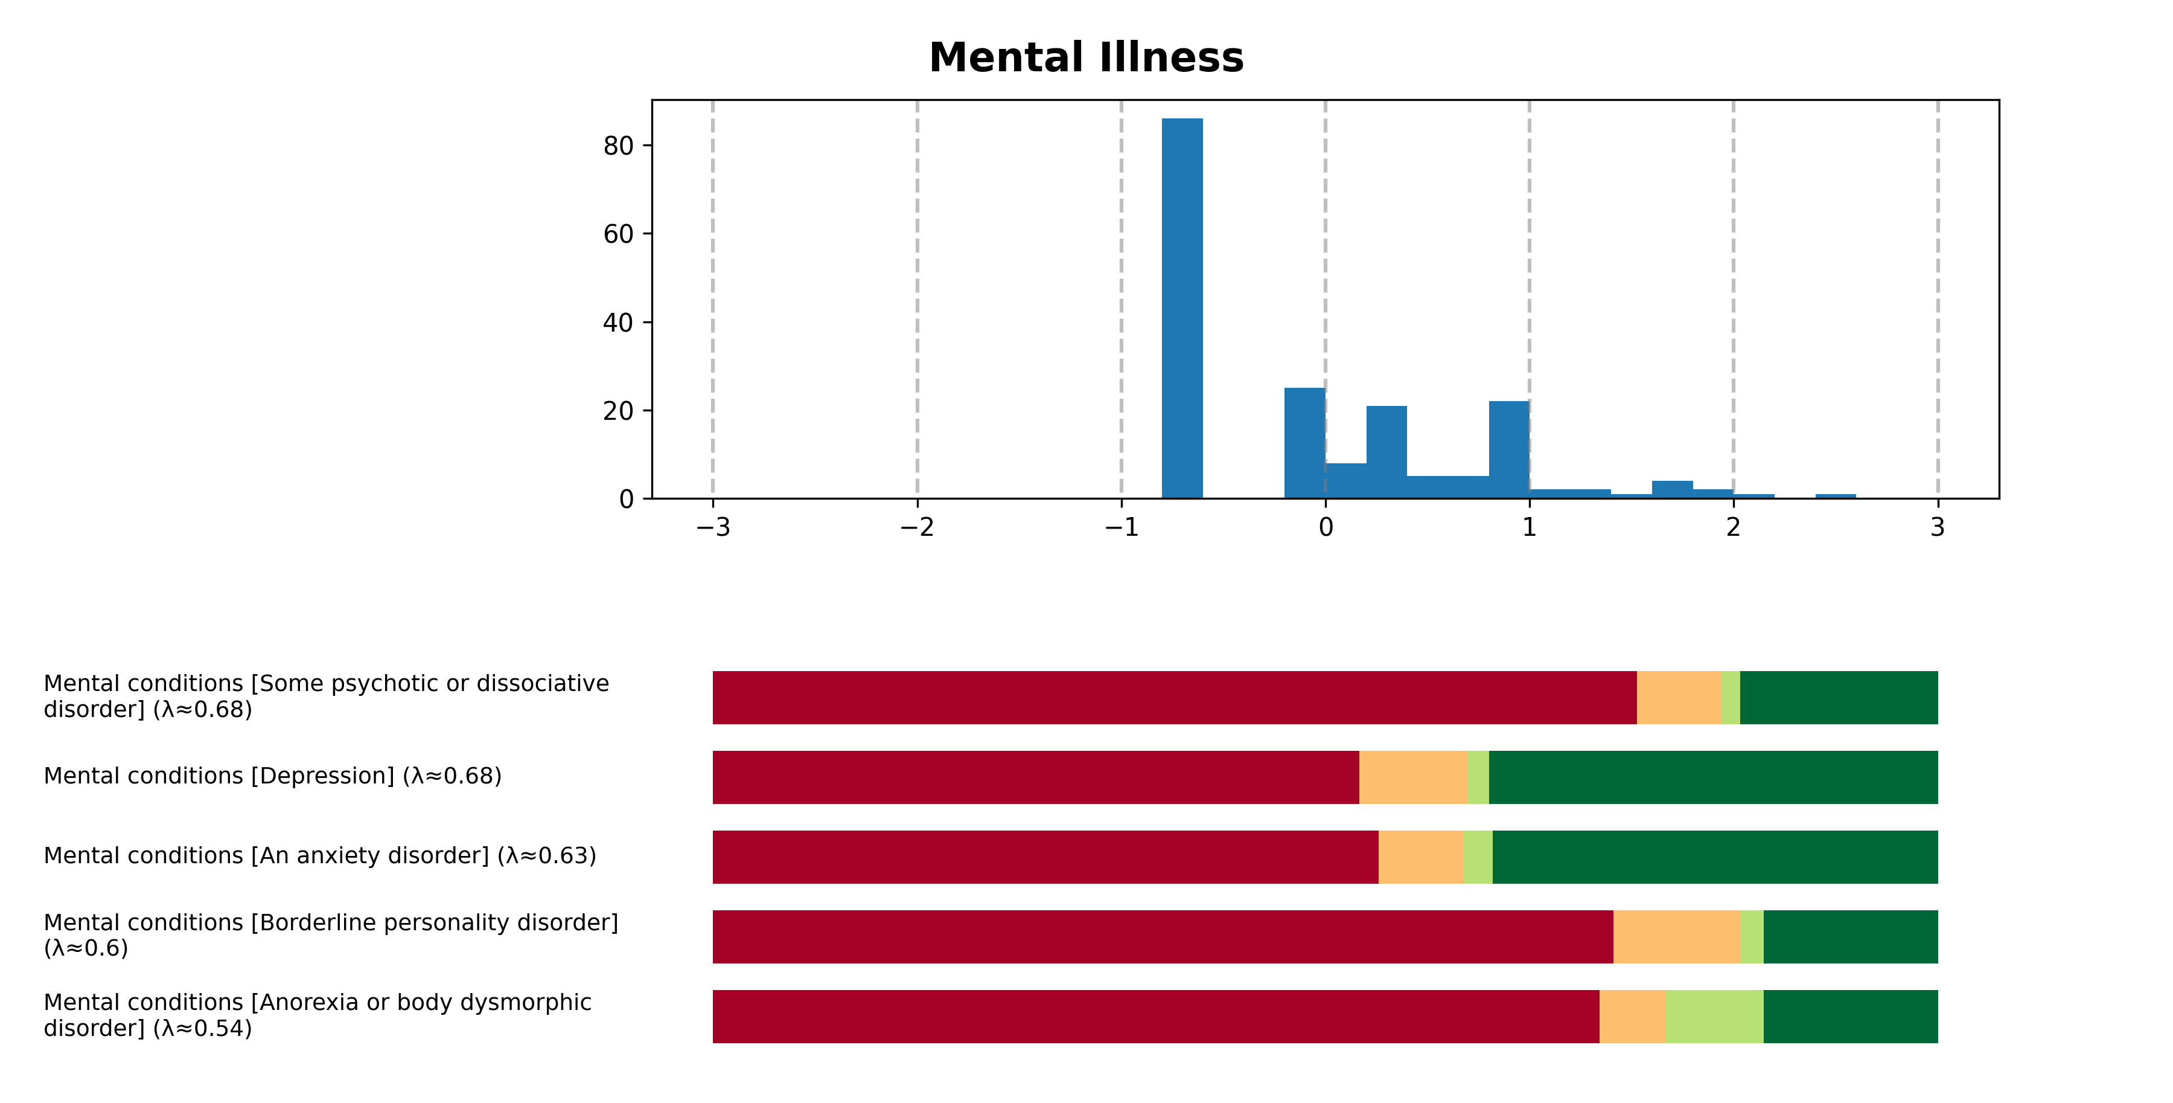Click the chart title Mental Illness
point(1086,57)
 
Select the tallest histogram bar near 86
point(1182,308)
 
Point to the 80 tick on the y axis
point(617,146)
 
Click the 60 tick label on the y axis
point(617,234)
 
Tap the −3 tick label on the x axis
point(712,527)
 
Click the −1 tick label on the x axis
point(1120,527)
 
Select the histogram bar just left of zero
point(1304,443)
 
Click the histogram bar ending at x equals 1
point(1508,450)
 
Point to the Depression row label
point(272,776)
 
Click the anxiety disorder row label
point(320,856)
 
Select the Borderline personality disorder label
point(331,935)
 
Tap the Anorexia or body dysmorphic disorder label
point(317,1015)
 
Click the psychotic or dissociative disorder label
point(325,696)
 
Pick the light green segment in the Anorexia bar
point(1714,1016)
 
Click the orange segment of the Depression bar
point(1413,777)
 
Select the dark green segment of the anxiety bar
point(1714,857)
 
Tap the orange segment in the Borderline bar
point(1676,937)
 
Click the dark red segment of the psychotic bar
point(1174,698)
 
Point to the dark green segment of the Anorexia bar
point(1850,1016)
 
